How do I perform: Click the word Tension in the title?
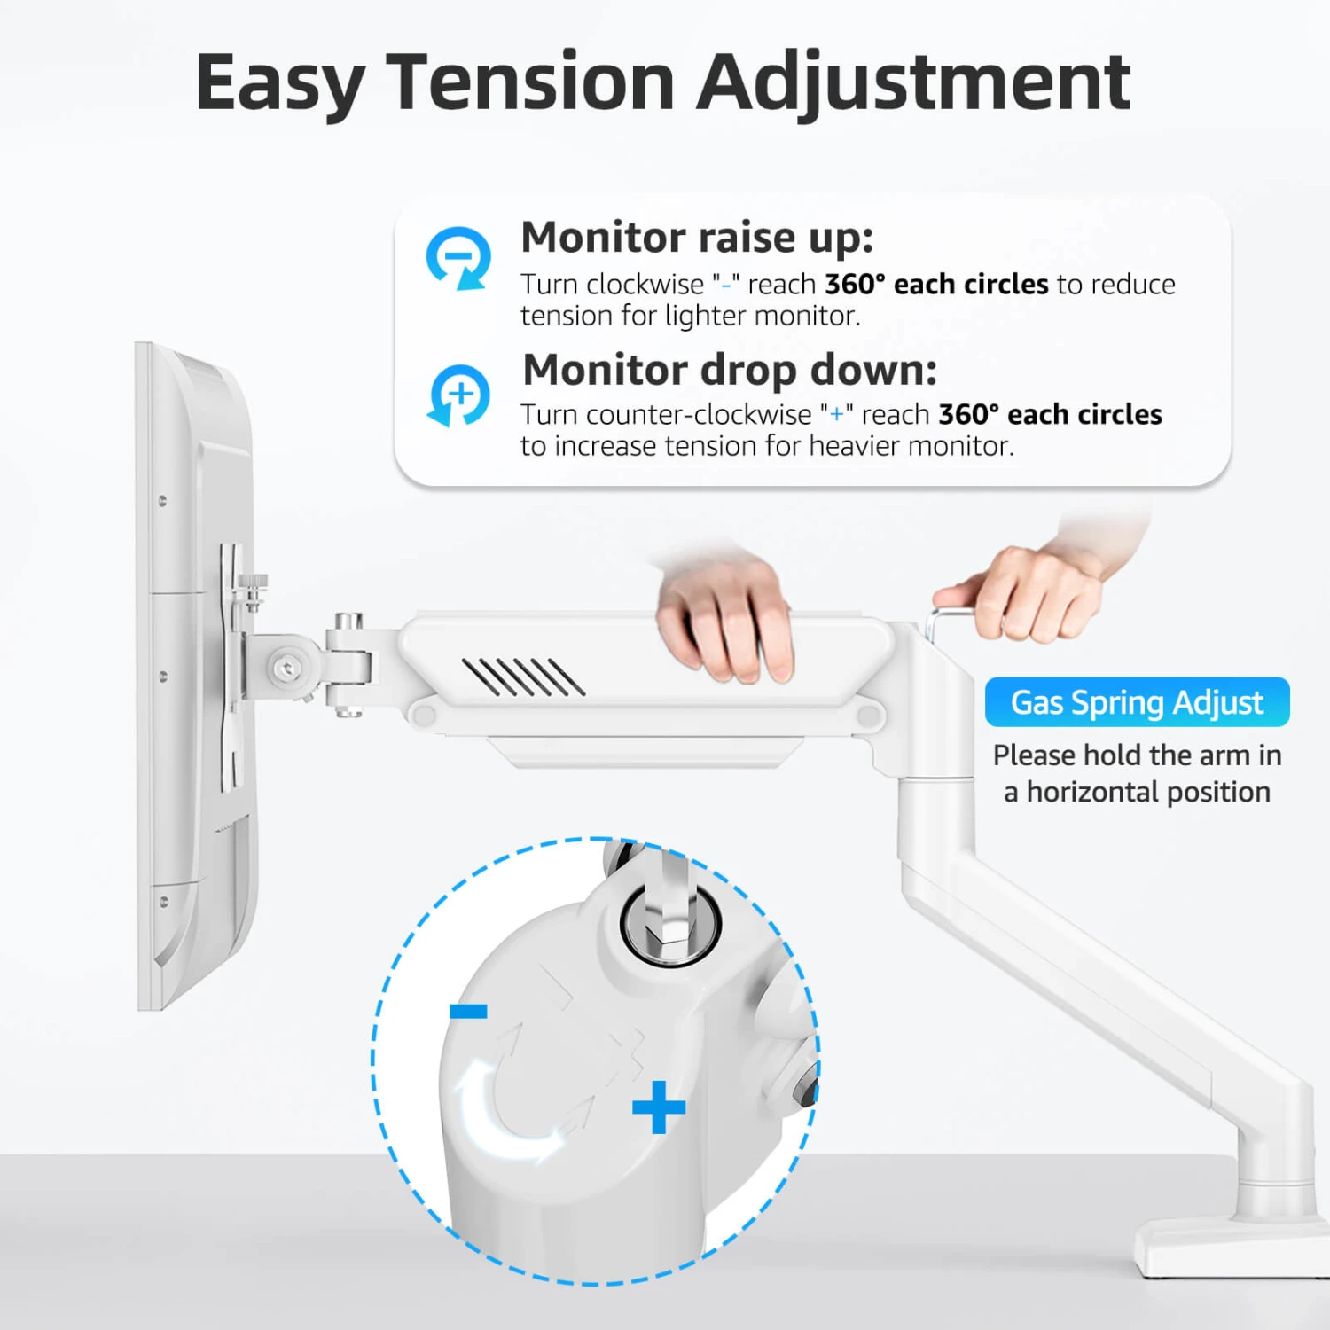pos(530,82)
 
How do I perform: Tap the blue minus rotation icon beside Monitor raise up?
pos(458,258)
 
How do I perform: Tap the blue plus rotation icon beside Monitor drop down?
pos(458,395)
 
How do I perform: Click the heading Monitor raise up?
pos(697,238)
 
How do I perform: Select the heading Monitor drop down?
pos(730,370)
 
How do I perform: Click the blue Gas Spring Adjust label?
pos(1137,702)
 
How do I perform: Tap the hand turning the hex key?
pos(1037,576)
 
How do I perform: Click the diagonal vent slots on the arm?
pos(523,677)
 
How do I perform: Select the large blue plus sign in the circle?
pos(659,1107)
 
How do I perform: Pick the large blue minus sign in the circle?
pos(468,1011)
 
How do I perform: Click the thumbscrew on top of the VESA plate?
pos(253,591)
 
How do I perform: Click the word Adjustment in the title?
pos(913,82)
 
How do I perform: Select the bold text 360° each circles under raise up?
pos(936,284)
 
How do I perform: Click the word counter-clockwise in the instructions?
pos(699,414)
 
